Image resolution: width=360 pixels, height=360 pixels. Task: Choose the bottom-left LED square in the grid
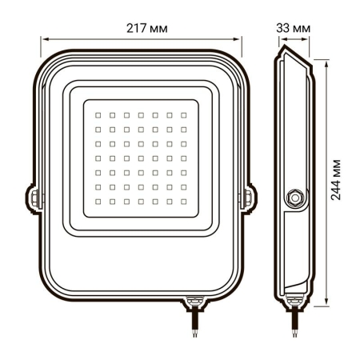(x=98, y=199)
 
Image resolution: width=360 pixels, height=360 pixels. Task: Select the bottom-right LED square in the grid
(x=183, y=199)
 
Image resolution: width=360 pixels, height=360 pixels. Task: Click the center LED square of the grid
(x=141, y=157)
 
